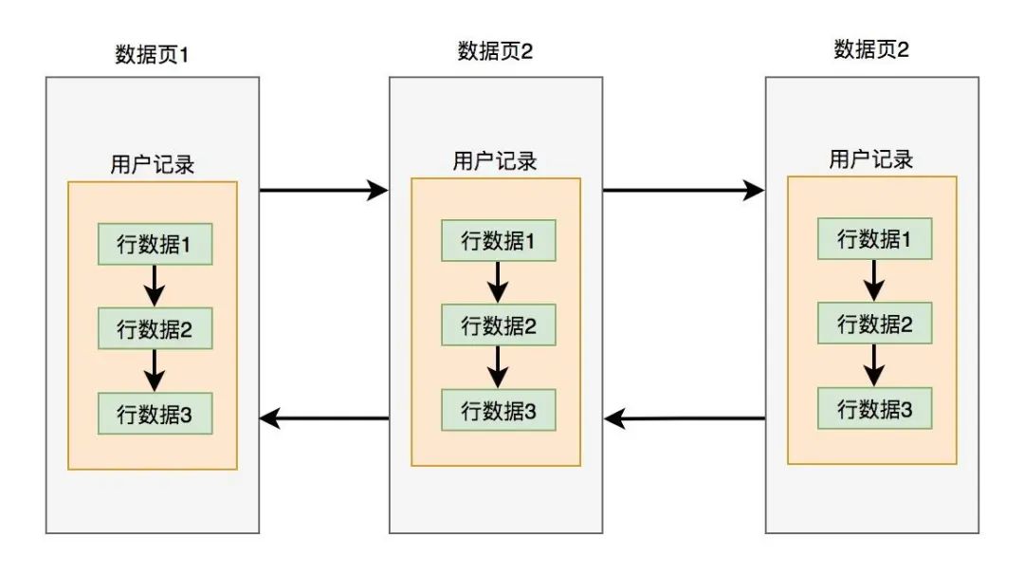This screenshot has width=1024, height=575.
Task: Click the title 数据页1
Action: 153,54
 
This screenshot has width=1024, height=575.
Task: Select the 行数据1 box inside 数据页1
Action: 155,244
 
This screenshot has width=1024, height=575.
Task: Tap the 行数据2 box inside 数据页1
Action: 155,329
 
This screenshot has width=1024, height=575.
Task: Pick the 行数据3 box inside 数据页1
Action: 155,415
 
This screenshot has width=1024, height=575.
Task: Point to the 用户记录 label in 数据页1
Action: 153,164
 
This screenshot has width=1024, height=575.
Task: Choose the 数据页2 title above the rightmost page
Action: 871,49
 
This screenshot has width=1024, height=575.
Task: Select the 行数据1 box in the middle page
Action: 498,241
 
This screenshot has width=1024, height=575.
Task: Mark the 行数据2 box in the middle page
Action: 498,326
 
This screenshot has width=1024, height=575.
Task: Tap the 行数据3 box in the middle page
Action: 498,411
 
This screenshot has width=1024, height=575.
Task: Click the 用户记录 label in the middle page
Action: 495,161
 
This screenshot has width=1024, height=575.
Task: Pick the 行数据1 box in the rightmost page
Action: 874,239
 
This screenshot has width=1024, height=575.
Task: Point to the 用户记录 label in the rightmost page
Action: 871,159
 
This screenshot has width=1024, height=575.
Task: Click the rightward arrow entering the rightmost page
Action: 684,191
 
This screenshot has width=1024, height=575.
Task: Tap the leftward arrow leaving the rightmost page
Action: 684,417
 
